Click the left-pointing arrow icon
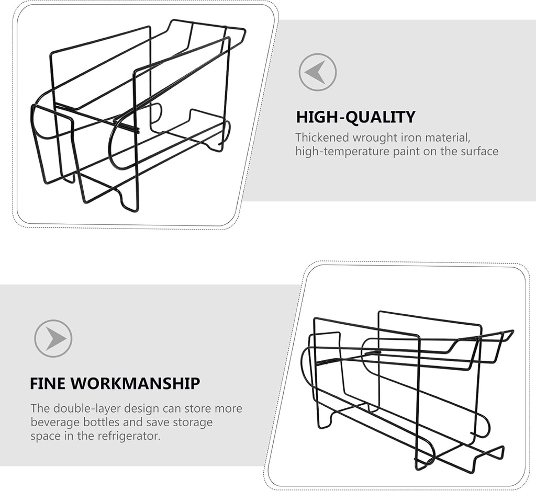(x=317, y=72)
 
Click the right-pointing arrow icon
(x=53, y=338)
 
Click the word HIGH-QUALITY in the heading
(x=355, y=117)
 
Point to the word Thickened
(x=322, y=138)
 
